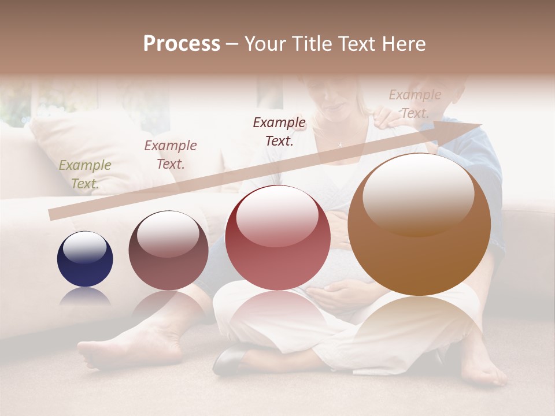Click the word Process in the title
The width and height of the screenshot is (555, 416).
(x=182, y=44)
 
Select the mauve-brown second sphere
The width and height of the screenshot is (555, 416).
(x=168, y=250)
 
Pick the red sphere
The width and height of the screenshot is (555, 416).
(x=277, y=237)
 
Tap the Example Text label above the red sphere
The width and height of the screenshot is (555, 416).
(x=279, y=131)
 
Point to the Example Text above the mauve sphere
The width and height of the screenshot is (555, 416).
(x=170, y=154)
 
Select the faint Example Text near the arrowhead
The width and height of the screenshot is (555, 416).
(x=415, y=104)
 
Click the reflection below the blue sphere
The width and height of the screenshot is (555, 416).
(x=85, y=298)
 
